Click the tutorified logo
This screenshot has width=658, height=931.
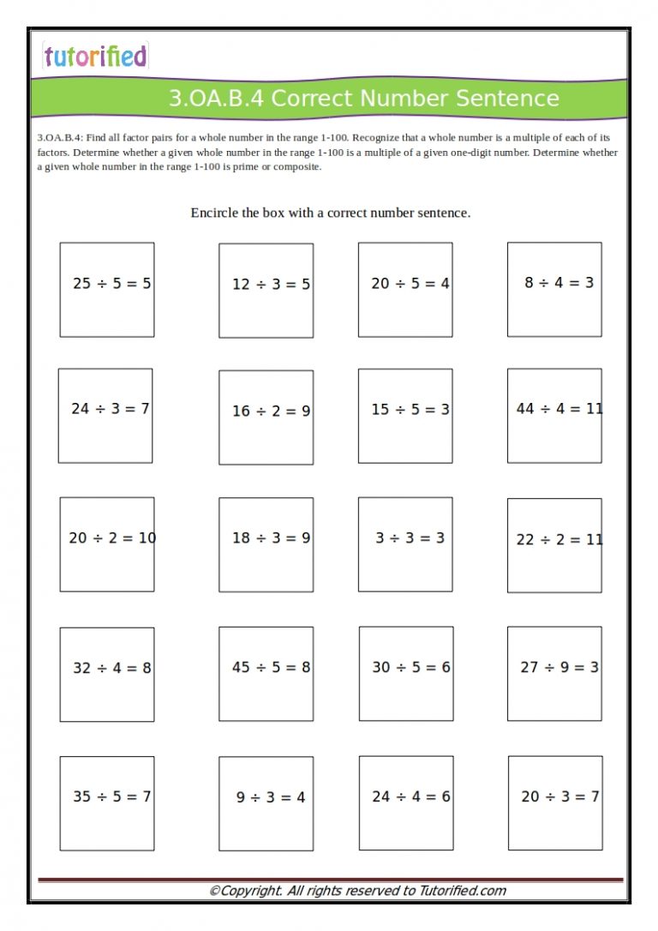pos(95,57)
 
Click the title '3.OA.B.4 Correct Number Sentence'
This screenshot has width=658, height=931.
pos(363,99)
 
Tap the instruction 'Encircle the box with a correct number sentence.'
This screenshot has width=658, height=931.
pos(330,213)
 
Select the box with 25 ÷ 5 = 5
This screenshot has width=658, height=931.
pos(107,289)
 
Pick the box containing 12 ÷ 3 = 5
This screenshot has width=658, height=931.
pos(266,290)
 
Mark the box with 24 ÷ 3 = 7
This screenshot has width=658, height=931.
pos(105,416)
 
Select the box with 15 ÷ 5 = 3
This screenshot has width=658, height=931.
pos(405,416)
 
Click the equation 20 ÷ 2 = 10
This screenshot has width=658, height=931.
pos(111,538)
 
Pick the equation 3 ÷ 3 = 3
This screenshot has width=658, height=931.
pos(410,538)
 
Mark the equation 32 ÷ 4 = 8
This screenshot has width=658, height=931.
pos(111,668)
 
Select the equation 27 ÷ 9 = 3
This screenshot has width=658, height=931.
pos(559,667)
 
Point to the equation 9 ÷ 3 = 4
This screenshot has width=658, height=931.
pos(271,797)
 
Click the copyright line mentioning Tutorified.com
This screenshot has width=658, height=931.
pos(357,891)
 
